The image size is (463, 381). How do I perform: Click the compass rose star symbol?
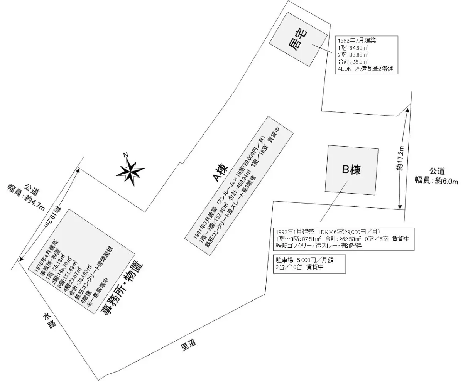coord(130,174)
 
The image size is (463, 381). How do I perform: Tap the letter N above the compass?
coord(125,155)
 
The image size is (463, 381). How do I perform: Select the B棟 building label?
coord(351,169)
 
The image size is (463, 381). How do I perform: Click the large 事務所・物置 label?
coord(122,289)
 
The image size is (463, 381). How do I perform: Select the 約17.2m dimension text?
coord(400,158)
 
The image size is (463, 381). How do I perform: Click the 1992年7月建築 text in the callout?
coord(357,40)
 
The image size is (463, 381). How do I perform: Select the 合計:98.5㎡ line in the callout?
coord(353,61)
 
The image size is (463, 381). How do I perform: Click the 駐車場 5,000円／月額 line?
coord(304,260)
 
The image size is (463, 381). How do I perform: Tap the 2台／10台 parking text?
coord(290,267)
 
